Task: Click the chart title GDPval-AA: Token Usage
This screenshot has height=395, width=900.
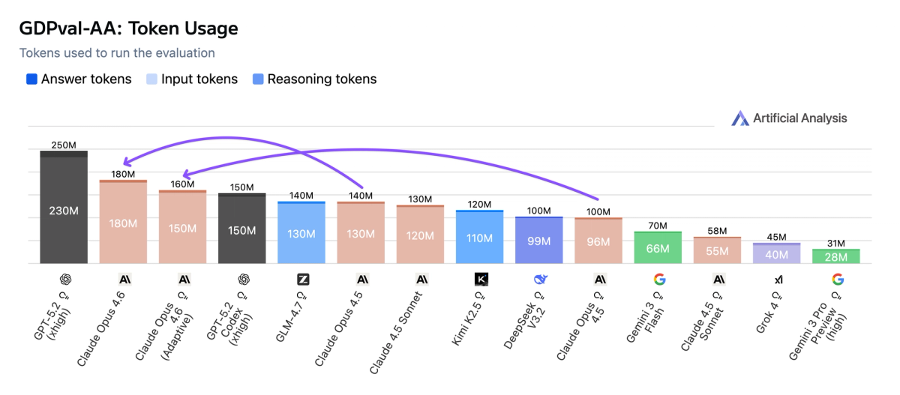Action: coord(128,29)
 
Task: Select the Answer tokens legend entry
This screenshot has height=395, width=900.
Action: coord(79,79)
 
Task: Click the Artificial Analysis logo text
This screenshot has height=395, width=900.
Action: coord(799,118)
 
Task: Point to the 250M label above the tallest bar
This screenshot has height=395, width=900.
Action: coord(64,145)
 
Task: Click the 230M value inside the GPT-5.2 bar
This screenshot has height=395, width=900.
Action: coord(64,211)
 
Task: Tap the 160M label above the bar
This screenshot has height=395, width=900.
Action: coord(182,184)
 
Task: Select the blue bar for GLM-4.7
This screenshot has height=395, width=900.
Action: coord(301,233)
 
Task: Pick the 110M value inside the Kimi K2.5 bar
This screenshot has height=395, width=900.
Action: coord(480,238)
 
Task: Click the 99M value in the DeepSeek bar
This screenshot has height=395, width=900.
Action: coord(539,241)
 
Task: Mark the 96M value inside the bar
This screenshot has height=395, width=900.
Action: coord(598,241)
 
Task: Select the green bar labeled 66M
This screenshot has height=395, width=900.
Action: coord(658,249)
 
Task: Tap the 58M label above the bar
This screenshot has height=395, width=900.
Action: coord(718,231)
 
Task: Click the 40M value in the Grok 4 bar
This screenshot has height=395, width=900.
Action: coord(777,255)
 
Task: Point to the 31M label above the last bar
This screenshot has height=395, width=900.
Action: coord(836,244)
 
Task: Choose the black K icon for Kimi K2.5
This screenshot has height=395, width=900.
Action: coord(481,280)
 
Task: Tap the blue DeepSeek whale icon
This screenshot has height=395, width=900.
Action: coord(540,280)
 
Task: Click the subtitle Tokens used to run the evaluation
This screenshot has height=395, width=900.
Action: coord(117,53)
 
